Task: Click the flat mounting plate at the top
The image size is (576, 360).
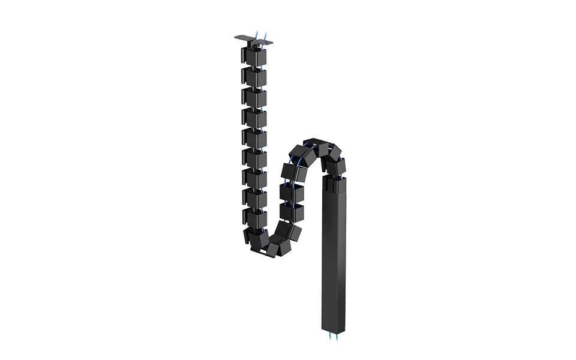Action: (x=253, y=40)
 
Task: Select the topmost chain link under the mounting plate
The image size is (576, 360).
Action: (x=254, y=56)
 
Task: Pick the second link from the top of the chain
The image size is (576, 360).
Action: (x=254, y=77)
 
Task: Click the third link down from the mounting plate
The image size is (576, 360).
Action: (x=254, y=97)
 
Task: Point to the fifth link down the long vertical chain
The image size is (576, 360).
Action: (x=254, y=138)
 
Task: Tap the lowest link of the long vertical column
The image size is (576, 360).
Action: (x=254, y=218)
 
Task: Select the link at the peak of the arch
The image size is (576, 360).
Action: (x=315, y=148)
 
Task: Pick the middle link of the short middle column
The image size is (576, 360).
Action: (x=292, y=192)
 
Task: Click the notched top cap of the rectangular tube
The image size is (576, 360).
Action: (x=334, y=180)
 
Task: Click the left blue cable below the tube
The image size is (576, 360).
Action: (x=329, y=337)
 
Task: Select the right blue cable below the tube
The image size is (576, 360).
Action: (x=338, y=337)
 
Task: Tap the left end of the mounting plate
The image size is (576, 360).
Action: (x=238, y=38)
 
